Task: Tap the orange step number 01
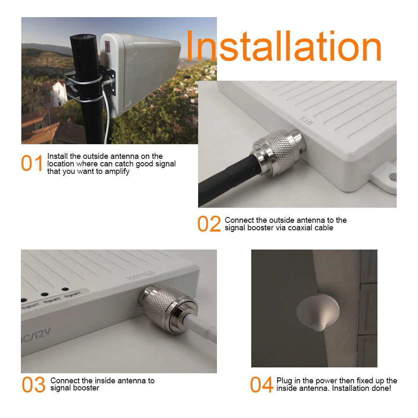pyautogui.click(x=32, y=163)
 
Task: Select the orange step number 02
pyautogui.click(x=209, y=224)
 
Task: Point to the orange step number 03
pyautogui.click(x=33, y=385)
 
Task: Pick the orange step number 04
pyautogui.click(x=262, y=385)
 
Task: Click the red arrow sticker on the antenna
pyautogui.click(x=107, y=46)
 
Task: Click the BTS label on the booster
pyautogui.click(x=306, y=120)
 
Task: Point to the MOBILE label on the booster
pyautogui.click(x=141, y=275)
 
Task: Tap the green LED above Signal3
pyautogui.click(x=65, y=289)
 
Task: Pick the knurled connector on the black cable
pyautogui.click(x=277, y=154)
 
